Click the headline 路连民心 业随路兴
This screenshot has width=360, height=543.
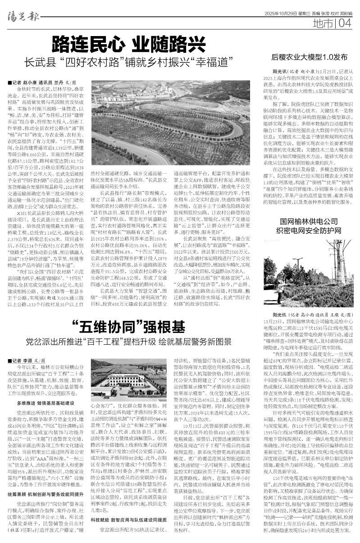(126, 44)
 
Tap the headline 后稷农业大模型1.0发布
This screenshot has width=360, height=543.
(309, 57)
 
